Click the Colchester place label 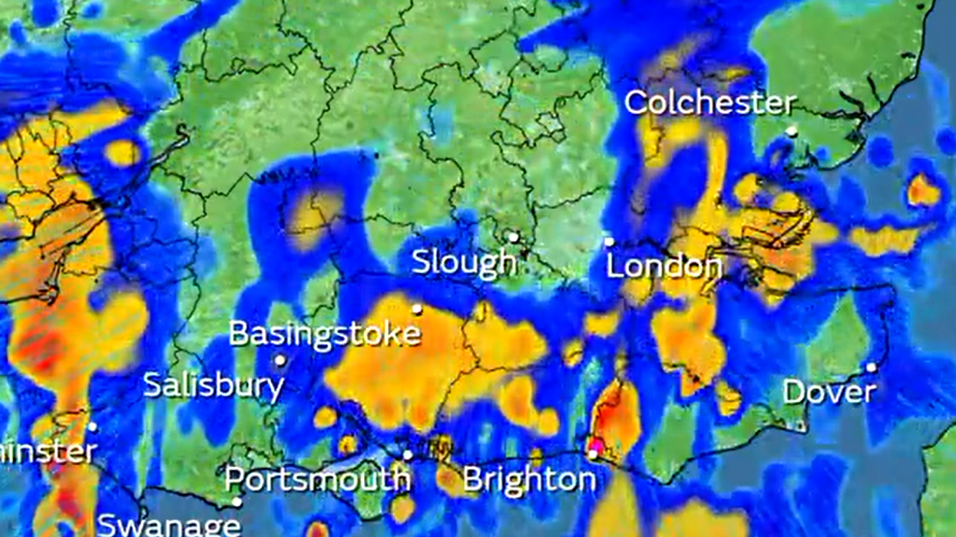coord(709,103)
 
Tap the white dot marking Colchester coord(791,131)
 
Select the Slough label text coord(464,262)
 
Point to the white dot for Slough coord(513,237)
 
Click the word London coord(663,266)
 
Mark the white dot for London coord(609,242)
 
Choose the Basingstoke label coord(325,334)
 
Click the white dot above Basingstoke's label coord(417,309)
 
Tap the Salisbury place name coord(213,384)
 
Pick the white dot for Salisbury coord(280,360)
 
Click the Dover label coord(829,392)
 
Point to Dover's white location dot coord(871,367)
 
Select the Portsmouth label coord(317,479)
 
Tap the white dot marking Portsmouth coord(408,455)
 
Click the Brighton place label coord(529,480)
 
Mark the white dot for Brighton coord(593,455)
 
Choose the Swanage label coord(169,525)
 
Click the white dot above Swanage coord(237,502)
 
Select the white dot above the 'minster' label coord(92,427)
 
